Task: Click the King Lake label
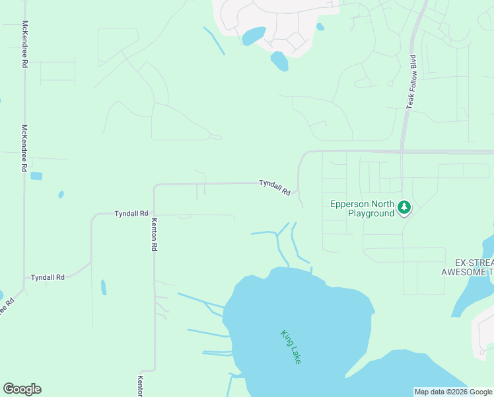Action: click(291, 346)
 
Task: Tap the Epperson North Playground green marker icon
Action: click(404, 208)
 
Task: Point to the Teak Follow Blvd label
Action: click(412, 81)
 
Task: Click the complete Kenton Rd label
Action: click(155, 234)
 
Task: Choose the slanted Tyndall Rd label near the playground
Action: click(275, 187)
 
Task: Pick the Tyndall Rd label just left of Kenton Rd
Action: click(131, 214)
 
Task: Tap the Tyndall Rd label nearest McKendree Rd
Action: click(48, 277)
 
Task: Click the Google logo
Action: click(22, 389)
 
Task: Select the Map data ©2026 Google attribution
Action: click(453, 392)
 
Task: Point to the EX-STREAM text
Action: click(470, 261)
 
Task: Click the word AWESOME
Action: click(464, 272)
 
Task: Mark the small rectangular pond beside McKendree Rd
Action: click(36, 176)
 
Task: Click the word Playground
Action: click(370, 214)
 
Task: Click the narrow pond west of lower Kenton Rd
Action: click(103, 287)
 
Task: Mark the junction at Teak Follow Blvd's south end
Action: click(401, 152)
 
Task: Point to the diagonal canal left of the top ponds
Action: click(214, 40)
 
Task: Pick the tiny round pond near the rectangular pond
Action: click(61, 195)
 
